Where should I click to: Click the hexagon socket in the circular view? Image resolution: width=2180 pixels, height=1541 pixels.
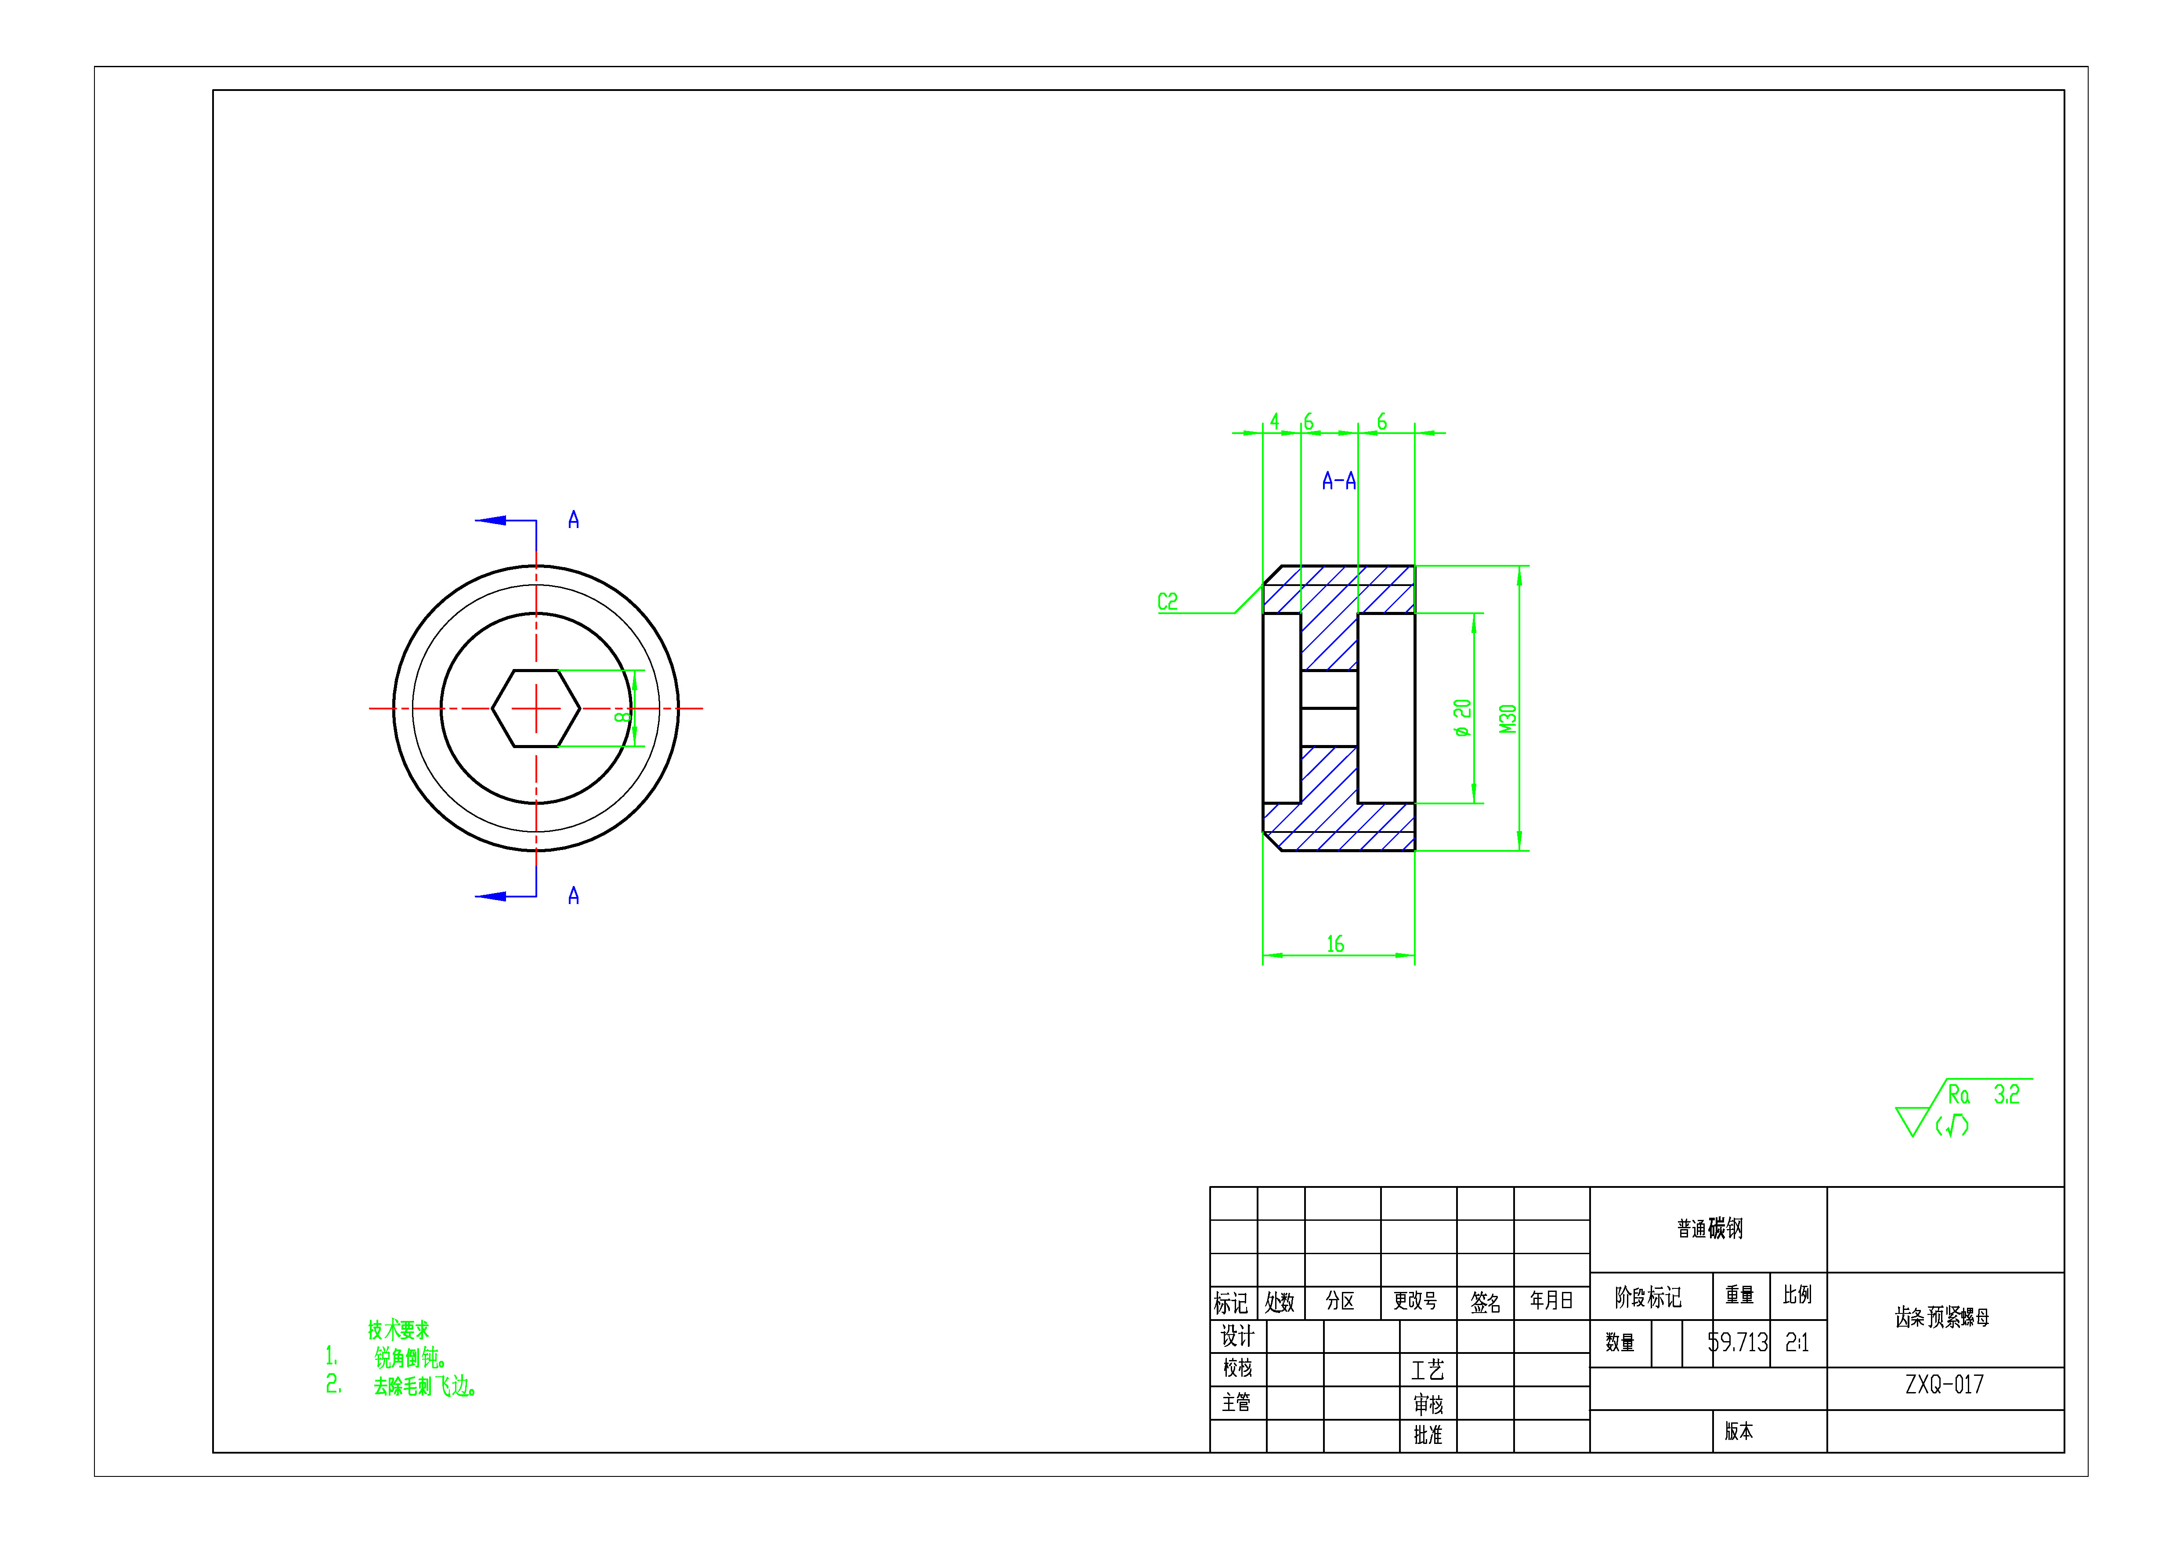(x=535, y=708)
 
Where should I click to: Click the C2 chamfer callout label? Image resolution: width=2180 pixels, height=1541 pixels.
(x=1167, y=602)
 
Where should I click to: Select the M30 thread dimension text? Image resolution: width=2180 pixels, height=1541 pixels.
(x=1508, y=719)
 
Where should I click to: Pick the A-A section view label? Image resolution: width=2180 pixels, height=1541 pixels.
(x=1339, y=481)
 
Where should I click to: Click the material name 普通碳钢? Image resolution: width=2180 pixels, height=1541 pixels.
(x=1709, y=1229)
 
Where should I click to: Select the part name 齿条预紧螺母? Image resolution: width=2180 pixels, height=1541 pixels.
(x=1941, y=1317)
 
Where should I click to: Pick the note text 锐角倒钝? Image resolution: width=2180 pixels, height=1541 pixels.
(x=410, y=1358)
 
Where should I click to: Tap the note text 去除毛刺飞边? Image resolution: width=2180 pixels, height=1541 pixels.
(x=424, y=1386)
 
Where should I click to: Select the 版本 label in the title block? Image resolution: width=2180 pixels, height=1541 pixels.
(x=1739, y=1431)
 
